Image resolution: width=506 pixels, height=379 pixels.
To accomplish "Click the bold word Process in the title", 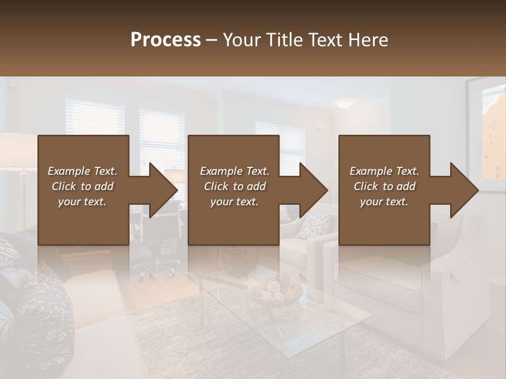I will click(x=166, y=39).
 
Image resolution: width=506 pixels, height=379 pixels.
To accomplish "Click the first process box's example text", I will click(x=82, y=186).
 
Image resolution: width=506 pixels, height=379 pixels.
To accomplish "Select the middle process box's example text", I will click(x=235, y=186).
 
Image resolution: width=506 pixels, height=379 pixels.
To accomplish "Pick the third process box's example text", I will click(x=384, y=186).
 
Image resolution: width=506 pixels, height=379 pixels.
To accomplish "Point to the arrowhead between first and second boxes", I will click(x=160, y=190).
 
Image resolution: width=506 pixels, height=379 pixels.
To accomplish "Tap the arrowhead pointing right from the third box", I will click(x=462, y=190).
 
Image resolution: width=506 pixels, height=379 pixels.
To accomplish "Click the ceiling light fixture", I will click(x=346, y=104).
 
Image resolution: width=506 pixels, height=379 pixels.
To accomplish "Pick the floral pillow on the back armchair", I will click(x=315, y=225).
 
